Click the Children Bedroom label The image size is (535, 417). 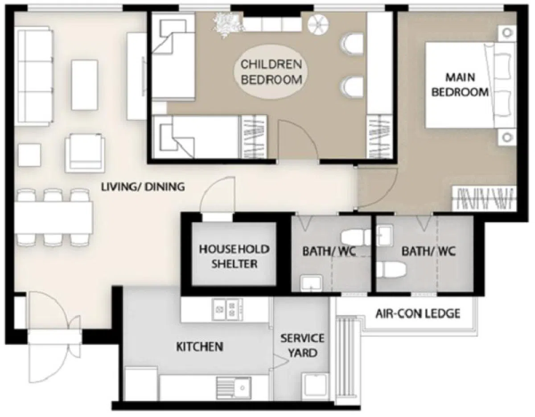coord(271,72)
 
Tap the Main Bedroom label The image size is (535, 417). coord(460,85)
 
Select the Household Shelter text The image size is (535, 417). coord(234,257)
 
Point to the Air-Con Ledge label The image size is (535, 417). coord(418,314)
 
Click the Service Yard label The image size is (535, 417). coord(302,346)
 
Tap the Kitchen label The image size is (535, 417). coord(200,347)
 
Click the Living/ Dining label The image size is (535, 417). coord(143,187)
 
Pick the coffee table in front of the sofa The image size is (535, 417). coord(85,85)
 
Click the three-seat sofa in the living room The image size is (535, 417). coord(34,76)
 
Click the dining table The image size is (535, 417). coord(53,217)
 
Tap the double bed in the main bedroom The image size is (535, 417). coord(470,85)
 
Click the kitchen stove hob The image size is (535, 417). coord(228,309)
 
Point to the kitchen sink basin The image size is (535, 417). coord(234,388)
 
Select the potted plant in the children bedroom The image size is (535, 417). coord(227,25)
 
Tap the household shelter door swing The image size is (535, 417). coord(217,195)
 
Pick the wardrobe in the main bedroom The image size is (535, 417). coord(485,199)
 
